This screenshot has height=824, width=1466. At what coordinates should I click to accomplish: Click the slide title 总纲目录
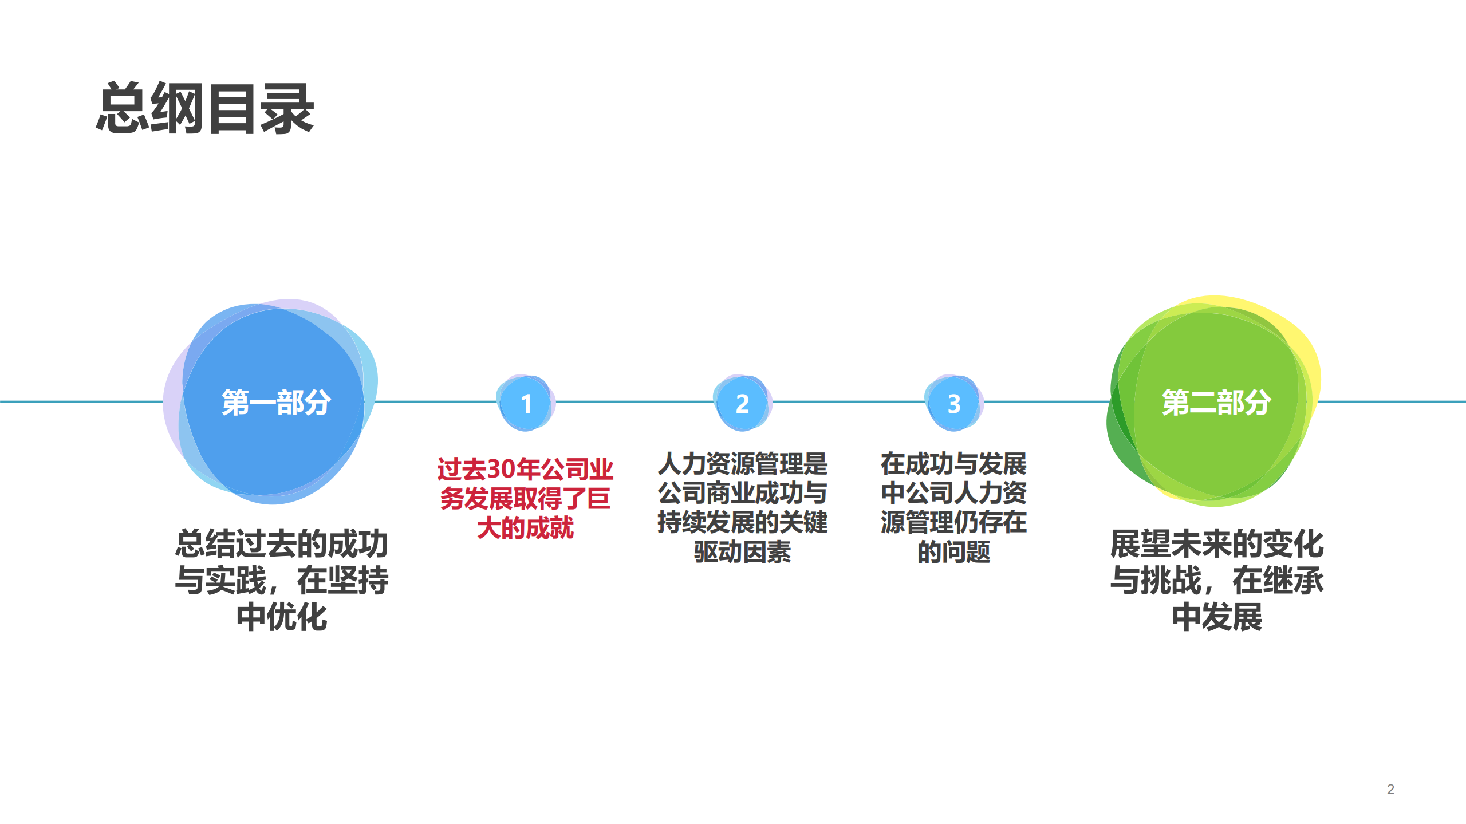[204, 109]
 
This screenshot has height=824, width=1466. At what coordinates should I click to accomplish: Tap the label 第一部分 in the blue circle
[276, 402]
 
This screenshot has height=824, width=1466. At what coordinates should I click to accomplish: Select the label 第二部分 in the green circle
[1216, 402]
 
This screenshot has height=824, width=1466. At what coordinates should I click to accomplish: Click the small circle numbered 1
[526, 403]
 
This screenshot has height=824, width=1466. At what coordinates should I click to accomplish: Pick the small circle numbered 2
[742, 403]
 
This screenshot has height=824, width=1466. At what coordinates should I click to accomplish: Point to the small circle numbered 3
[954, 403]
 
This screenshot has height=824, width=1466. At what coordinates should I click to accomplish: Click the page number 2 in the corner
[1390, 789]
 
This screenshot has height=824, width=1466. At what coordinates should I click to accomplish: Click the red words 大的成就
[525, 527]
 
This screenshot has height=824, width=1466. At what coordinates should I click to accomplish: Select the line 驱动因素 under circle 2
[742, 551]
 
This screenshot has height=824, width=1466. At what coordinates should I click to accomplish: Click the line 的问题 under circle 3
[954, 551]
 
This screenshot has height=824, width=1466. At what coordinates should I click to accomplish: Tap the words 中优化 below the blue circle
[282, 617]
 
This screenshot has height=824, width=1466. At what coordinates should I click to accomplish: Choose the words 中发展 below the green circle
[1217, 617]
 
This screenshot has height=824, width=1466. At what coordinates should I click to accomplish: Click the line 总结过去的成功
[282, 543]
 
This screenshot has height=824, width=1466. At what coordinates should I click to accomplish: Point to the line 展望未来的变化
[1217, 543]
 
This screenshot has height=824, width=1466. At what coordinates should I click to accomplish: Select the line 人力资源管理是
[742, 463]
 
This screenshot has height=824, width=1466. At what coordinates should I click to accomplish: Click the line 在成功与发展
[954, 463]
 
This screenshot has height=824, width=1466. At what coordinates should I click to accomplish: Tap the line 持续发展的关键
[742, 522]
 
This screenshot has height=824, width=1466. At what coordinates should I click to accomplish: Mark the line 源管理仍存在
[954, 522]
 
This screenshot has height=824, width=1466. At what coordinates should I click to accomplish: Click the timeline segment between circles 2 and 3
[848, 402]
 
